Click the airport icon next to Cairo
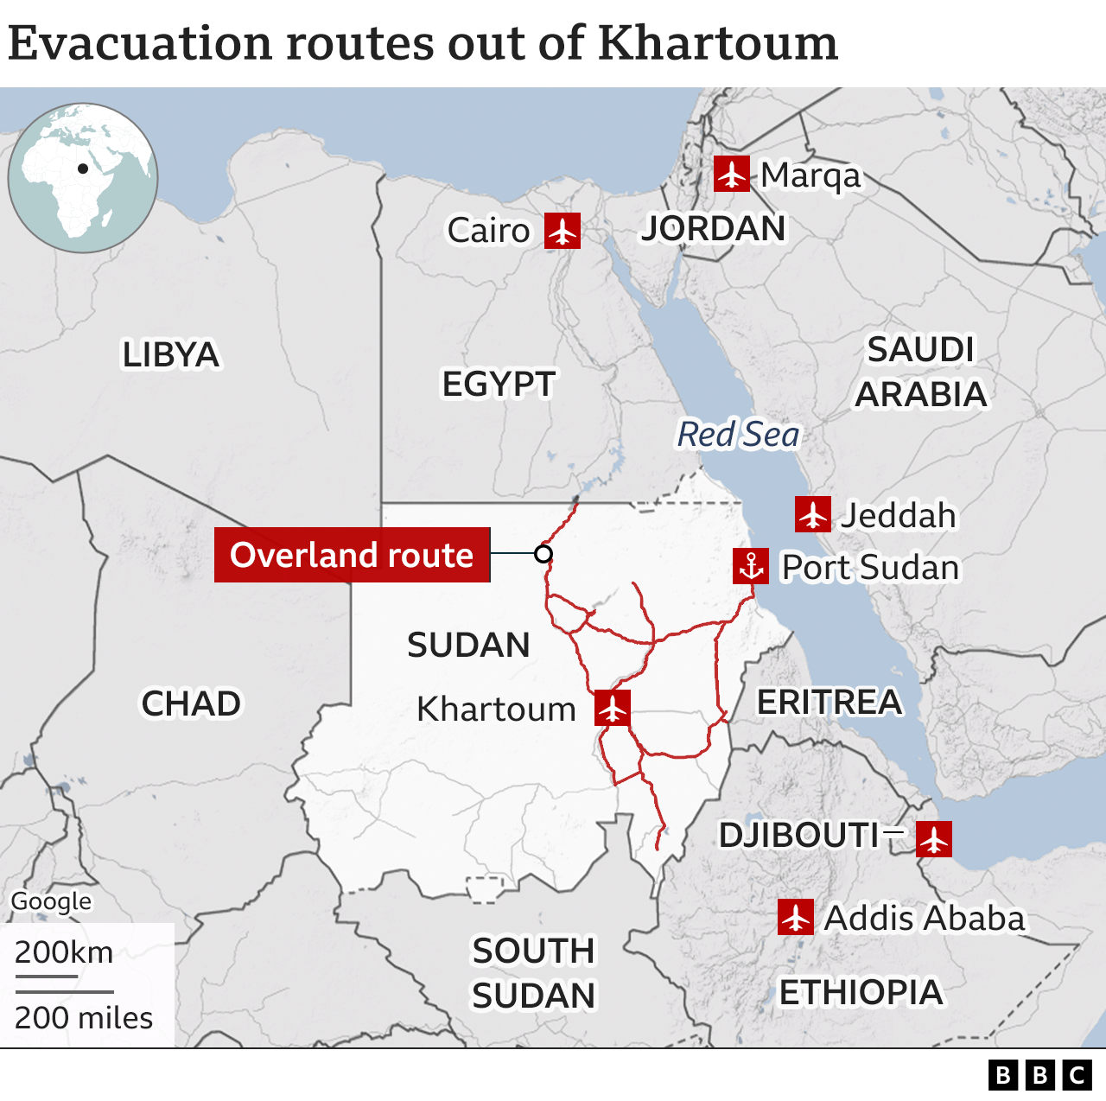[563, 231]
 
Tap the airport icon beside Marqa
[732, 174]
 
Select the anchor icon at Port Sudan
[751, 566]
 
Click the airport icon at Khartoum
[613, 708]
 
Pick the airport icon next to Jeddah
[813, 514]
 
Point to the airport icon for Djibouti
[934, 839]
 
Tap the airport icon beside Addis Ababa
[796, 917]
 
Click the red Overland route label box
[352, 555]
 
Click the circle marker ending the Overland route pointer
[543, 554]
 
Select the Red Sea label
[739, 435]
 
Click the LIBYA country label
[170, 355]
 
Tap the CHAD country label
[191, 703]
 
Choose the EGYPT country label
[499, 385]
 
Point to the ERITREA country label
[829, 703]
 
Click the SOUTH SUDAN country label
[533, 973]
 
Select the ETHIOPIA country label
[861, 993]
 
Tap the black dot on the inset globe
[83, 169]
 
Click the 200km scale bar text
[64, 952]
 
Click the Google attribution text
[51, 901]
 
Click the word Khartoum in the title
[717, 43]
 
